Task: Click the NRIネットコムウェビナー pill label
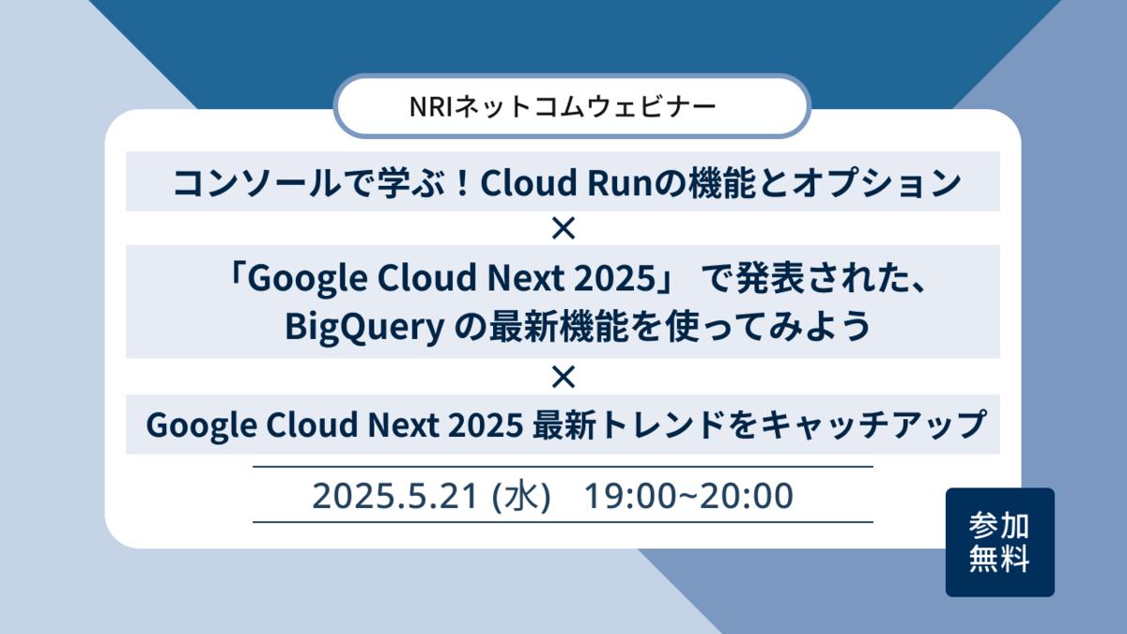point(572,106)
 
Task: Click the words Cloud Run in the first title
point(567,182)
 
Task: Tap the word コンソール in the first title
point(256,182)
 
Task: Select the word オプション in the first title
point(877,182)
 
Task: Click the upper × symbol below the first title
point(563,228)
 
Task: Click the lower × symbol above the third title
point(563,377)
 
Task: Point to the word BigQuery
point(364,327)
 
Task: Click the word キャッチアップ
point(872,425)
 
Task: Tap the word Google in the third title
point(202,425)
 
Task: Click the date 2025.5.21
point(394,496)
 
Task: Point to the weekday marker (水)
point(521,496)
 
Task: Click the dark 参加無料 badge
point(999,542)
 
